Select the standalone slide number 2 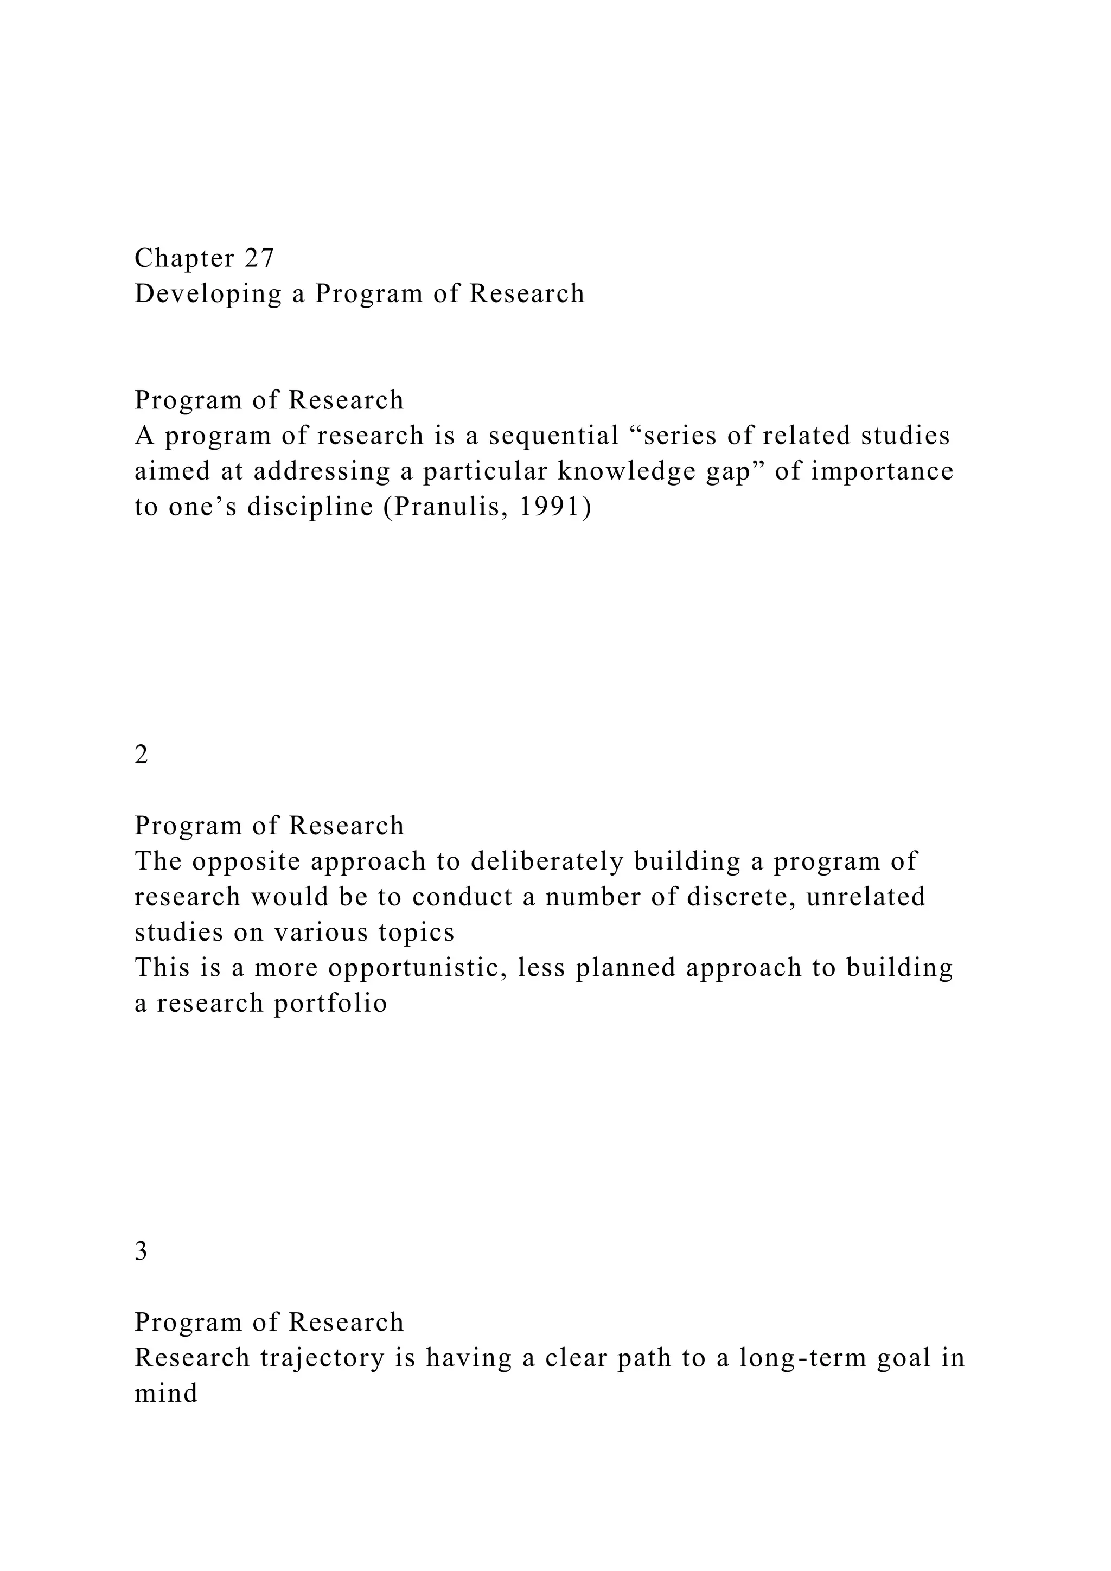click(x=141, y=755)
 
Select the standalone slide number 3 click(x=141, y=1251)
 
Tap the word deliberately click(x=547, y=861)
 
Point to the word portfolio click(x=330, y=1004)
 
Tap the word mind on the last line click(x=165, y=1394)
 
